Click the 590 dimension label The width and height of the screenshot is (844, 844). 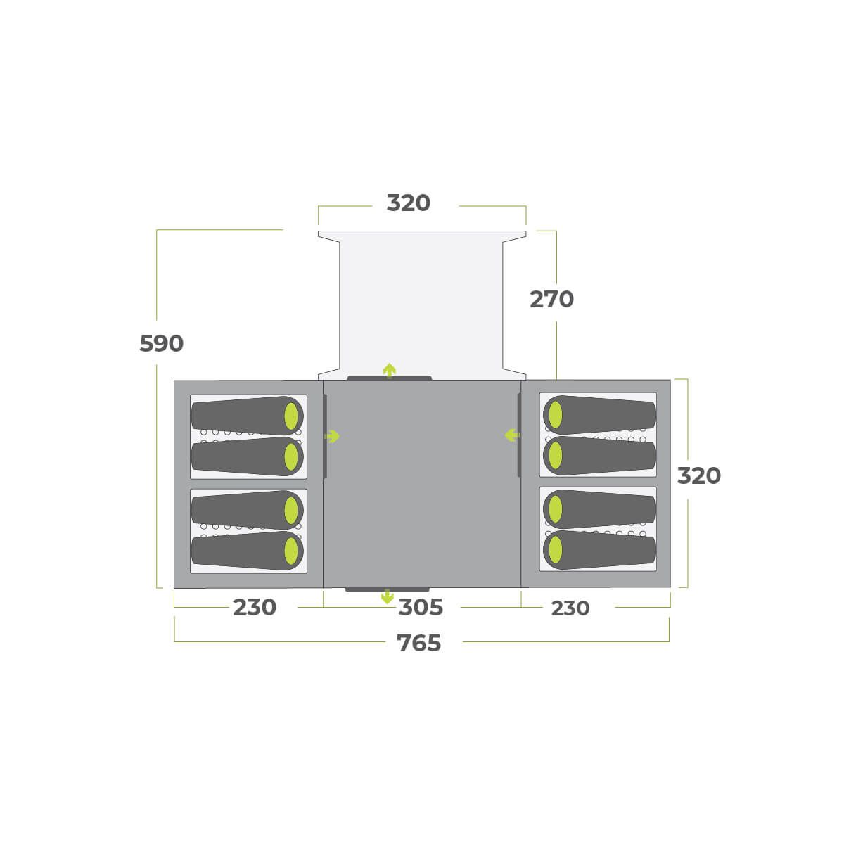pos(161,344)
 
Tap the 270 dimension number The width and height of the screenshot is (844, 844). pos(551,300)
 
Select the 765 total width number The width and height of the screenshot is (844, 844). pos(419,644)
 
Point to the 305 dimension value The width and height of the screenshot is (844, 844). pos(421,608)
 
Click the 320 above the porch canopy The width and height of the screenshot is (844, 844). pos(409,203)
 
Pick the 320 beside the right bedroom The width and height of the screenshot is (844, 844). pos(698,476)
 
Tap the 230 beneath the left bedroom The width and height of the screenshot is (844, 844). pos(255,608)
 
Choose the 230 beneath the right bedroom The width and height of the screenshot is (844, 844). pos(570,608)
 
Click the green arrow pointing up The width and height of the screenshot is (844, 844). pos(389,370)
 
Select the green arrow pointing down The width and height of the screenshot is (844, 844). pos(387,597)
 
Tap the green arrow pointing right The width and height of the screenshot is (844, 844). pos(332,437)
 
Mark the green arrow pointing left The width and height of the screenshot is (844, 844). pos(512,436)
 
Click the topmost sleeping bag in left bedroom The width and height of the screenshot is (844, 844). pos(246,415)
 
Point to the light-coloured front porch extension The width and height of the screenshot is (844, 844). pos(422,302)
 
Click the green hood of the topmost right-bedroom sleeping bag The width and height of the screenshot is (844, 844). pos(555,415)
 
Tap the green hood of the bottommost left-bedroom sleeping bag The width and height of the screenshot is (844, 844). pos(291,551)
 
